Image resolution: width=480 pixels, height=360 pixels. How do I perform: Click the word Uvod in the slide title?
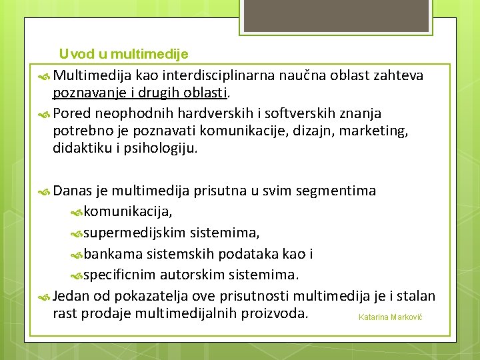point(72,53)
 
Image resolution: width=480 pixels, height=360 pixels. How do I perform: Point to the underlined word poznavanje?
point(86,91)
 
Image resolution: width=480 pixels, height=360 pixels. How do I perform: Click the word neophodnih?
point(123,108)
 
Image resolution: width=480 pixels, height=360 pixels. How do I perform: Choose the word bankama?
point(109,254)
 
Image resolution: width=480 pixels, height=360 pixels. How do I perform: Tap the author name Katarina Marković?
point(391,317)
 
